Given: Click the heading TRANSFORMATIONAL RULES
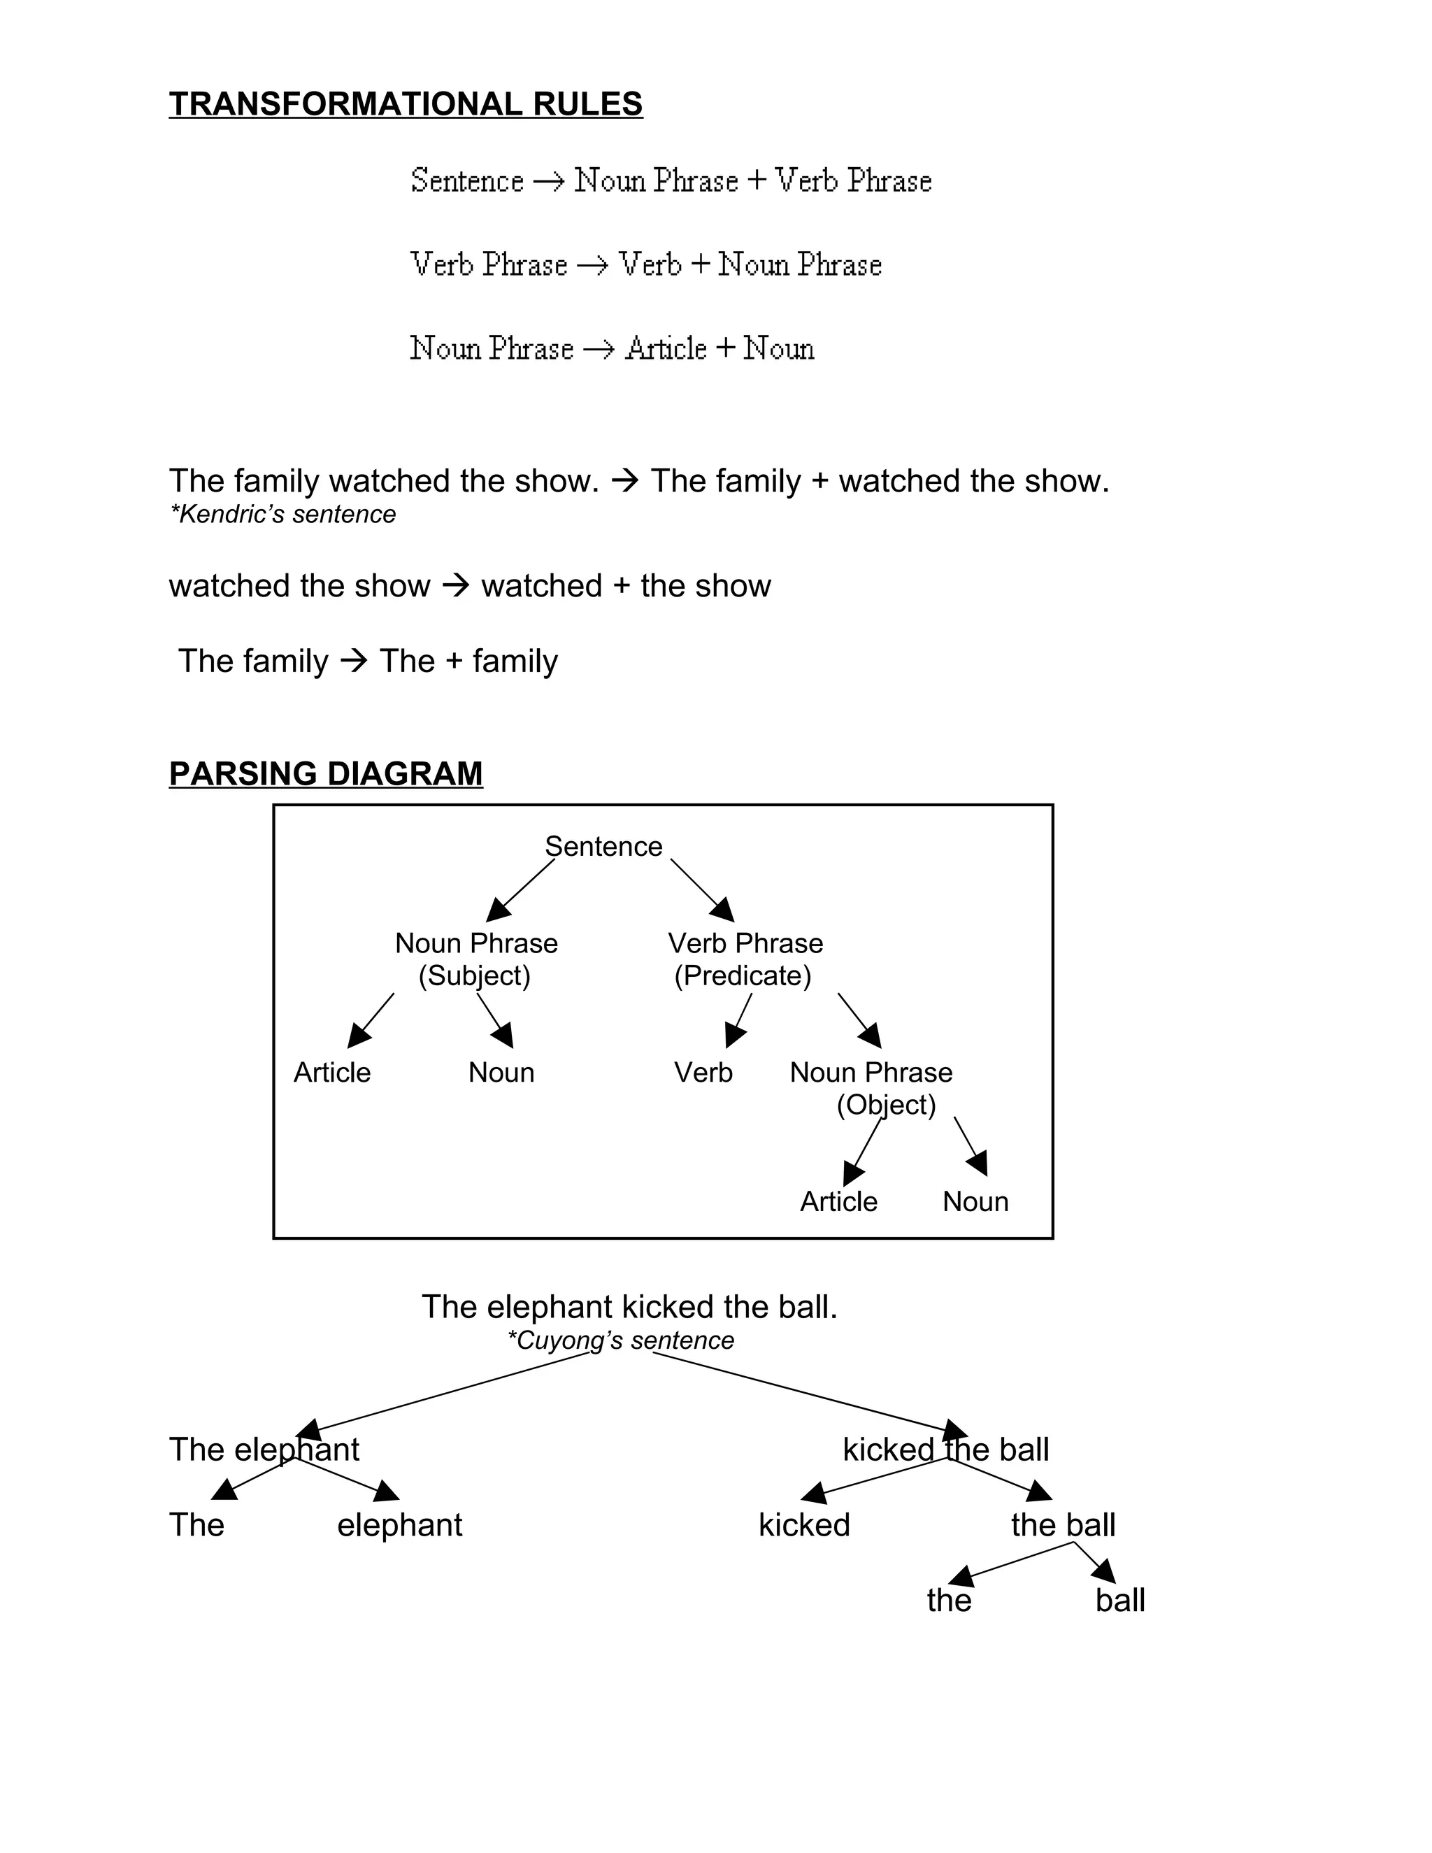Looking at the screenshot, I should coord(406,104).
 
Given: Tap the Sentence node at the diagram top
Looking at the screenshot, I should coord(603,846).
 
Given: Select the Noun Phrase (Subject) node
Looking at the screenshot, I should coord(476,959).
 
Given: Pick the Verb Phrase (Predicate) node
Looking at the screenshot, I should coord(745,959).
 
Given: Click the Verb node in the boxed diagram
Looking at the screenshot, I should coord(703,1073).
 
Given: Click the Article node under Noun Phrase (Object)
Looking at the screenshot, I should coord(838,1201).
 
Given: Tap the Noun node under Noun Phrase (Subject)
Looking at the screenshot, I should coord(501,1073).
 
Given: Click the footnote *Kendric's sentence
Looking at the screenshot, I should coord(282,514).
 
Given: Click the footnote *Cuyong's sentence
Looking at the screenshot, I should coord(620,1340).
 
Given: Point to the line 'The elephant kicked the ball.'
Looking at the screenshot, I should coord(629,1308).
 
